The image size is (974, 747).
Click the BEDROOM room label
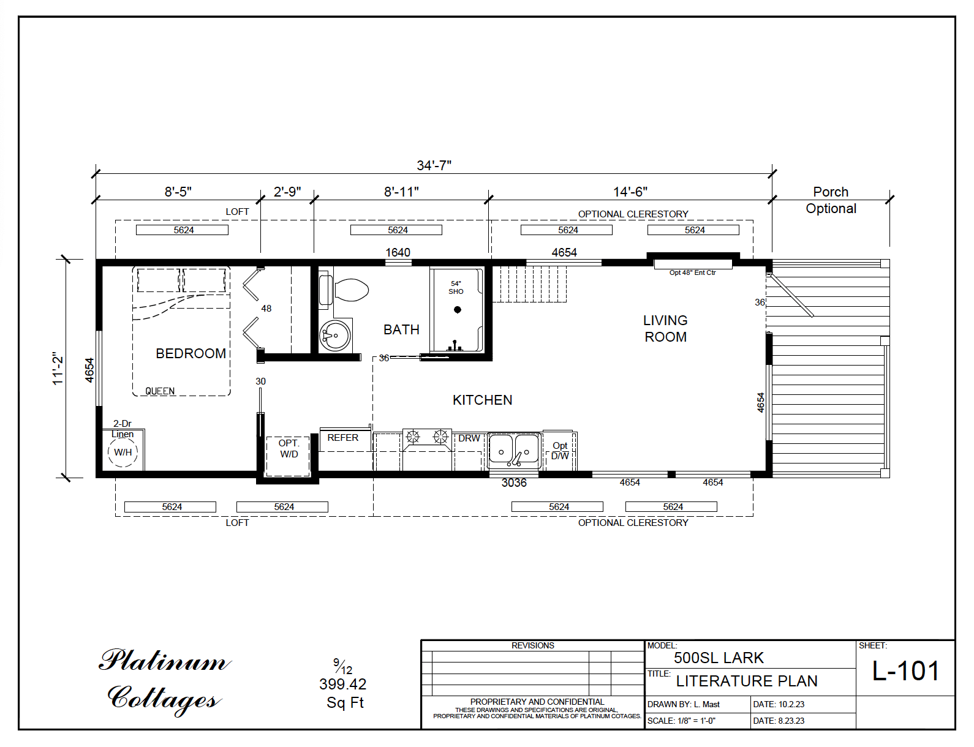click(x=191, y=353)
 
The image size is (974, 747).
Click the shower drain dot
click(x=457, y=310)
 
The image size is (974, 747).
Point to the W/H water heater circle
click(x=123, y=452)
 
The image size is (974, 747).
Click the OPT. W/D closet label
click(x=289, y=448)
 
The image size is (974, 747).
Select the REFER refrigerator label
click(x=342, y=438)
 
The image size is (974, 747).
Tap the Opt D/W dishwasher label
click(x=560, y=451)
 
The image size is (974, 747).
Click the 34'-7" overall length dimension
click(x=434, y=165)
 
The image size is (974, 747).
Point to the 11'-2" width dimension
click(x=58, y=368)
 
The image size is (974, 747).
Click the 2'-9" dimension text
click(x=287, y=192)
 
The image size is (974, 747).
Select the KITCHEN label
click(x=482, y=400)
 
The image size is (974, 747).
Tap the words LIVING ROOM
click(x=665, y=329)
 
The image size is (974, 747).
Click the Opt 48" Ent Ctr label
click(x=692, y=272)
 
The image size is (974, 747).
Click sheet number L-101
click(x=905, y=671)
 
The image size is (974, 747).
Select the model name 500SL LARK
click(x=719, y=658)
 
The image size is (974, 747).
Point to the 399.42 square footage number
click(x=342, y=684)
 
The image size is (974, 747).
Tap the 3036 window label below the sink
click(x=513, y=482)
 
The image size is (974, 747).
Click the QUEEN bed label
click(x=160, y=391)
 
